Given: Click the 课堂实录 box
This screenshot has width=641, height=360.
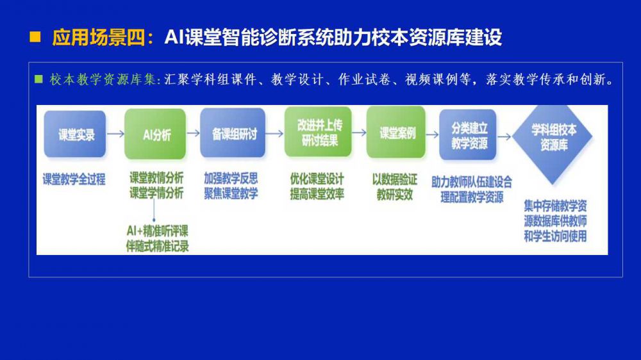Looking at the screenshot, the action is coord(75,134).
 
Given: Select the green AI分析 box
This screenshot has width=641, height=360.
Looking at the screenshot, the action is coord(155,134).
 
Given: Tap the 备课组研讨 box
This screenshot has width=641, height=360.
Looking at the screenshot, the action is coord(233,133).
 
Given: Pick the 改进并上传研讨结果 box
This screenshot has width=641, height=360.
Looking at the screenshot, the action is coord(318,132).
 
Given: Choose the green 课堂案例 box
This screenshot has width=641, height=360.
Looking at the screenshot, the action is coord(395,133).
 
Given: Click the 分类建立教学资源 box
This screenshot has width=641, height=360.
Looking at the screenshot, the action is coord(468,135).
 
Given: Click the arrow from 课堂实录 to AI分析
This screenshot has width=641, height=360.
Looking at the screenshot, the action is coord(115,134).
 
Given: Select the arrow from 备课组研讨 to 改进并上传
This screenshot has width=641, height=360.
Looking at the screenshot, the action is coord(275,133).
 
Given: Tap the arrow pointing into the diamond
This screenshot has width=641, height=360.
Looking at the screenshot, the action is coord(504,137).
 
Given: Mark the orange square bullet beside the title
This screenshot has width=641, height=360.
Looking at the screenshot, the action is coord(35,37).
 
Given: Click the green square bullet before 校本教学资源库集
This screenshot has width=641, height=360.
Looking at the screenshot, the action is coord(39,79).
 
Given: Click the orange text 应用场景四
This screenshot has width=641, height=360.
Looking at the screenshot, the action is coord(99,38).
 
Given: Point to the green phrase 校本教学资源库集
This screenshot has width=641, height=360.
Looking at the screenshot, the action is coord(103,79).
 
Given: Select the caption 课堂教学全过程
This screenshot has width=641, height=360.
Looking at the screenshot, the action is coord(74,179).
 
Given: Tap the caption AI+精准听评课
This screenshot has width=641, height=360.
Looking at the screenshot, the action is coord(158,231).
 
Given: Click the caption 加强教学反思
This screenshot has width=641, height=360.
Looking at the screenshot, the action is coord(231,178).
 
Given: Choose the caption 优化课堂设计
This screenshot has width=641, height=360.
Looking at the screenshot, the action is coord(317,179).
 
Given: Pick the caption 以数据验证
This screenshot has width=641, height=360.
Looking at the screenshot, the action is coord(394,179).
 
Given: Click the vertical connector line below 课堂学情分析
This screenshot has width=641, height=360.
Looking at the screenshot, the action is coord(154,211).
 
